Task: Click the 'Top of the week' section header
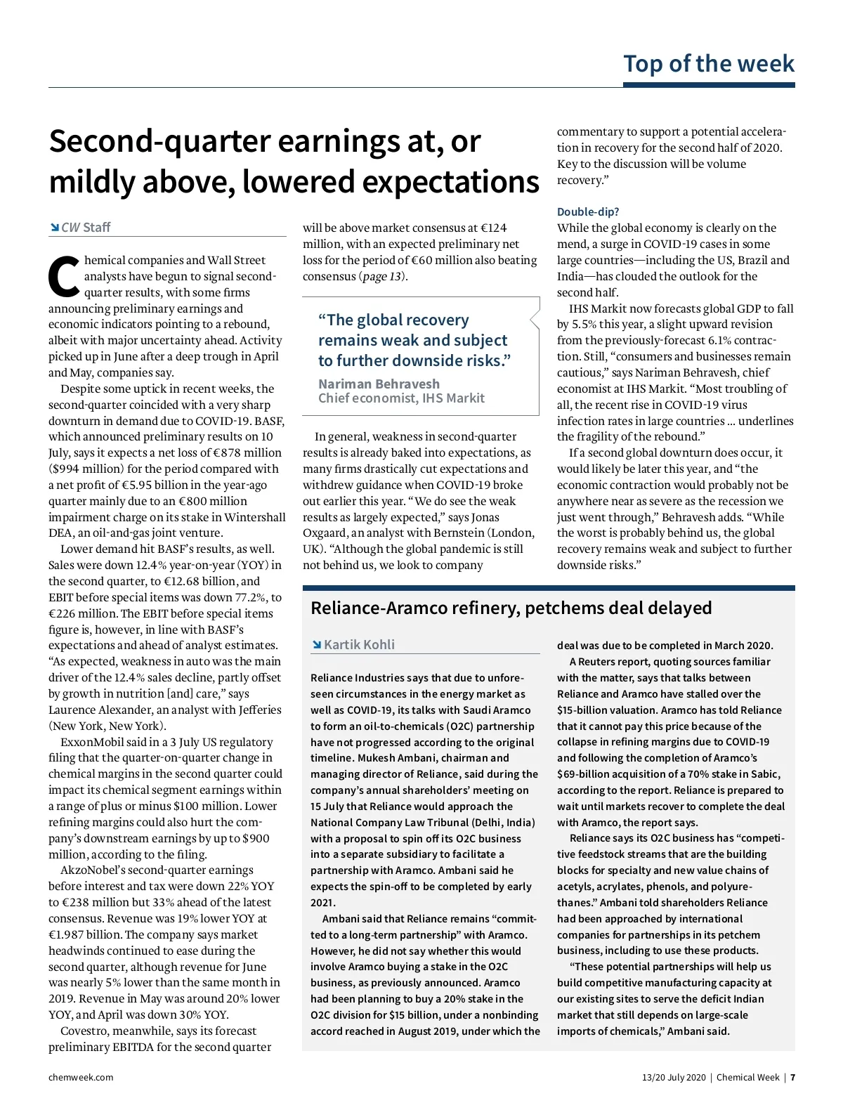[708, 64]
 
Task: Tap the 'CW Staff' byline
[86, 228]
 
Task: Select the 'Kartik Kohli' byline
[359, 645]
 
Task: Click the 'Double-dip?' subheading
[588, 211]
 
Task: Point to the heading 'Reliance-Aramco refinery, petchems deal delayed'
[511, 608]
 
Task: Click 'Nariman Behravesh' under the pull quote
[379, 384]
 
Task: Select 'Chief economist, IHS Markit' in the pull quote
[401, 398]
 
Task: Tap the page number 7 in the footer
[792, 1077]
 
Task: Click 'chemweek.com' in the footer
[81, 1077]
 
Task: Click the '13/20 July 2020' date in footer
[673, 1077]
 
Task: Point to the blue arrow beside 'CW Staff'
[54, 227]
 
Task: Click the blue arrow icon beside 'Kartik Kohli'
[317, 645]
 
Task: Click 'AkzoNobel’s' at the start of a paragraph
[93, 870]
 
